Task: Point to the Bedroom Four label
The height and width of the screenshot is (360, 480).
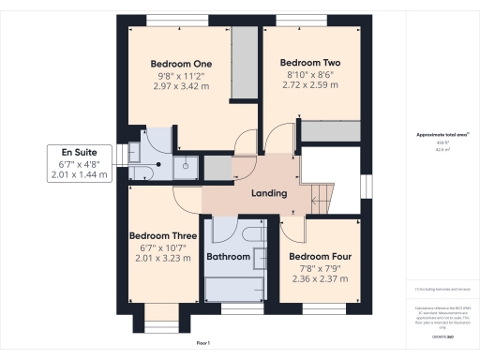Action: click(x=320, y=256)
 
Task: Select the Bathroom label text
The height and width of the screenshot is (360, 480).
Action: click(x=229, y=256)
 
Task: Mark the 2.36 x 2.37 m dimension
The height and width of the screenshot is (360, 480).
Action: click(x=320, y=278)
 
